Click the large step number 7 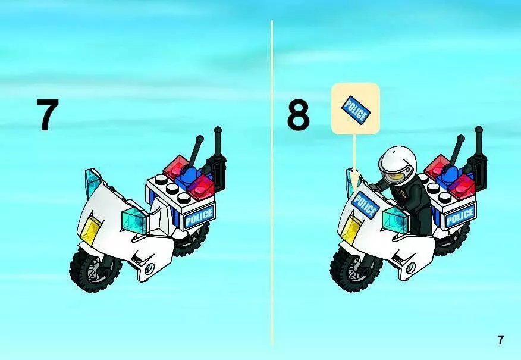click(x=48, y=115)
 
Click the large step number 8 click(x=299, y=115)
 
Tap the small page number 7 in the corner click(x=500, y=340)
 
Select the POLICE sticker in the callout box click(x=356, y=109)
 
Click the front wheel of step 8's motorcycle click(x=354, y=269)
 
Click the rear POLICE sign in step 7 click(x=199, y=216)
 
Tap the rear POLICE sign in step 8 click(x=460, y=216)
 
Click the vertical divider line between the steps click(x=272, y=183)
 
